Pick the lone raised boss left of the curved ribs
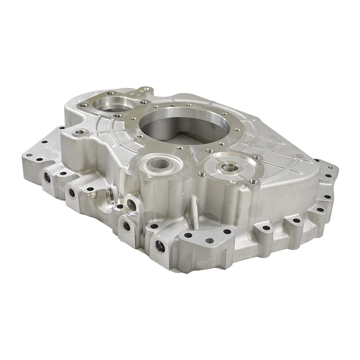click(81, 133)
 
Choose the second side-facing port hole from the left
click(71, 193)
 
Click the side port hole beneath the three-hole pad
click(159, 245)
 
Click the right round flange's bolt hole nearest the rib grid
click(256, 157)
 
